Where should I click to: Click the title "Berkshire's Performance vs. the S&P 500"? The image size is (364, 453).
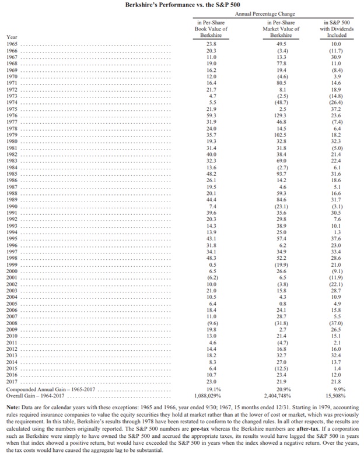[x=182, y=4]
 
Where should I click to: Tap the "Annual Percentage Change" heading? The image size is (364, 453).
[x=265, y=13]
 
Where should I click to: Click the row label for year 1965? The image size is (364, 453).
[x=11, y=43]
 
